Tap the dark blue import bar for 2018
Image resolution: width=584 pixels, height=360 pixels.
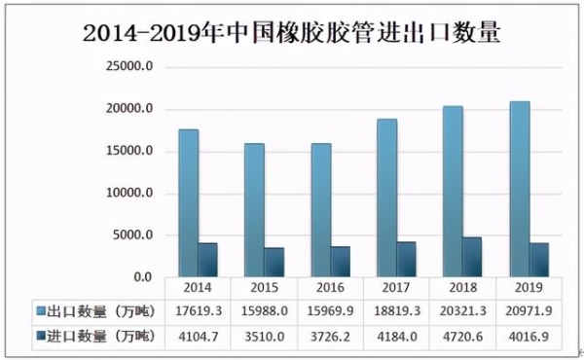click(471, 257)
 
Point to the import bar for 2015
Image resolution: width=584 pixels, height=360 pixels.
click(274, 262)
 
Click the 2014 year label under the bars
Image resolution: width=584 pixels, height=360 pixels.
click(198, 289)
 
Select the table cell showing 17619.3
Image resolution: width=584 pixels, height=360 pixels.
click(198, 311)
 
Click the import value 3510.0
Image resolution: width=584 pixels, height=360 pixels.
click(264, 336)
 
